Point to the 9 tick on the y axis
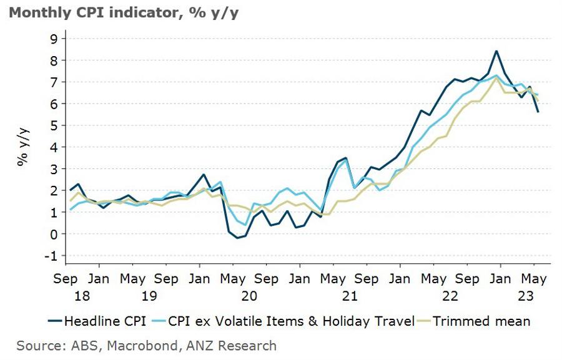[x=54, y=39]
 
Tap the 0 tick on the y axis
[x=54, y=234]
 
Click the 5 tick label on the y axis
[x=54, y=125]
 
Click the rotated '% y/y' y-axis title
[x=24, y=147]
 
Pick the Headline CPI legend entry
[x=97, y=321]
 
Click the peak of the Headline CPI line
[x=496, y=51]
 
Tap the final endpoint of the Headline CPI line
[x=538, y=112]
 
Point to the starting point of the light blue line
[x=71, y=209]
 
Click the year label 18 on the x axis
[x=66, y=295]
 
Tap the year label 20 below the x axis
[x=249, y=295]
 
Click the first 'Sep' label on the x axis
[x=66, y=278]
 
